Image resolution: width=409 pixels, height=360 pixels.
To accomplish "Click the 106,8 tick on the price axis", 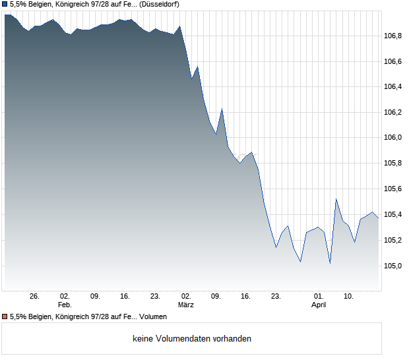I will point(393,36).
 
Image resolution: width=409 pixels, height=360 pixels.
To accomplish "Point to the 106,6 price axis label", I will point(393,61).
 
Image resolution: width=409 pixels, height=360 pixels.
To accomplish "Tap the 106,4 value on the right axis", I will point(393,86).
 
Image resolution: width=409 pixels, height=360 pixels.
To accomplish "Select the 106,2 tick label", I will point(393,112).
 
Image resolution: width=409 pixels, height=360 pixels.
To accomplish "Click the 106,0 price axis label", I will point(393,138).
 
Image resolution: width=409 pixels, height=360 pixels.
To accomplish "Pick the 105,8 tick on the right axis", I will point(393,163).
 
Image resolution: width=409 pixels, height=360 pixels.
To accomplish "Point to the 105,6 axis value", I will point(393,189).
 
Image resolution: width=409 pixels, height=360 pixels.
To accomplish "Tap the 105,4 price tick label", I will point(393,214).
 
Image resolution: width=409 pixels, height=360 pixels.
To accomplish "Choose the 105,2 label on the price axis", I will point(393,240).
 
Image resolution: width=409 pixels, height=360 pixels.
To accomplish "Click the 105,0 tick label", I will point(393,266).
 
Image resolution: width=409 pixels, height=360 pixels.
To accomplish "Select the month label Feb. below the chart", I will point(65,305).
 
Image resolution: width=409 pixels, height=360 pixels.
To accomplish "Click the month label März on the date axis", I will point(186,305).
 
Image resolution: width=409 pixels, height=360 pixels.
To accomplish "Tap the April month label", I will point(319,305).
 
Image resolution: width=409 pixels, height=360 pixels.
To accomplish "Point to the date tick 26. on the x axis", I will point(35,297).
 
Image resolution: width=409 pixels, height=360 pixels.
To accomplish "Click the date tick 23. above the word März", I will point(156,297).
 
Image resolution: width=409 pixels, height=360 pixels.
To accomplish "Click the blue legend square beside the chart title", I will point(5,5).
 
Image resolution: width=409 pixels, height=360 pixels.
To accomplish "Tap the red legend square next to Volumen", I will point(5,316).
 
